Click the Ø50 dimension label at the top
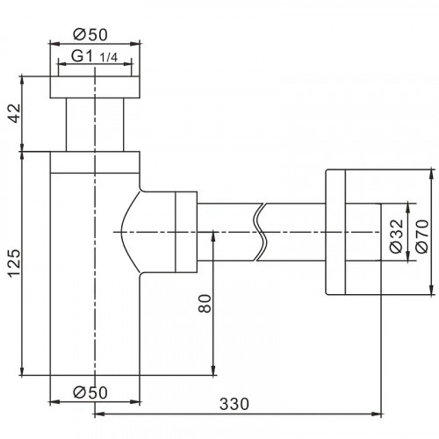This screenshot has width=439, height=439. click(91, 34)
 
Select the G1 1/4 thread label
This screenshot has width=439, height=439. click(95, 57)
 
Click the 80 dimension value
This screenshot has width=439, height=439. click(204, 305)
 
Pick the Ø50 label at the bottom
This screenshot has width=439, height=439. click(91, 392)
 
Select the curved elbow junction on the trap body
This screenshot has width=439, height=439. click(132, 233)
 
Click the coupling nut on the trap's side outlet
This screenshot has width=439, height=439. click(185, 233)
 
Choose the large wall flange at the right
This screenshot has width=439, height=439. click(339, 233)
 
